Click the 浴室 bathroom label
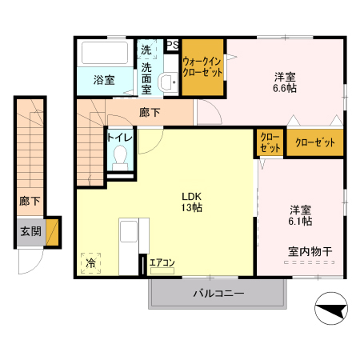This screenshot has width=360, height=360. click(x=104, y=80)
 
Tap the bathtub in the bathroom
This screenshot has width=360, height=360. click(x=105, y=55)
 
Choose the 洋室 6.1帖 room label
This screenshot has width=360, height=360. click(x=301, y=215)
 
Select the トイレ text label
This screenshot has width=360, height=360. click(x=120, y=137)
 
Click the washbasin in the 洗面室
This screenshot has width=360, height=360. click(x=169, y=82)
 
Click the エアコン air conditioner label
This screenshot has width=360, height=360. click(x=162, y=262)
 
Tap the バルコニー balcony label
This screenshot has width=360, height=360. click(x=218, y=294)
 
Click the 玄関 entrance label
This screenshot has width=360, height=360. click(x=31, y=231)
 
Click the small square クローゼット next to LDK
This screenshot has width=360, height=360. click(x=270, y=142)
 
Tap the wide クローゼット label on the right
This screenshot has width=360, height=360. click(x=315, y=142)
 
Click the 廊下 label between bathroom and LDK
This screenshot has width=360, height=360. click(x=150, y=112)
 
